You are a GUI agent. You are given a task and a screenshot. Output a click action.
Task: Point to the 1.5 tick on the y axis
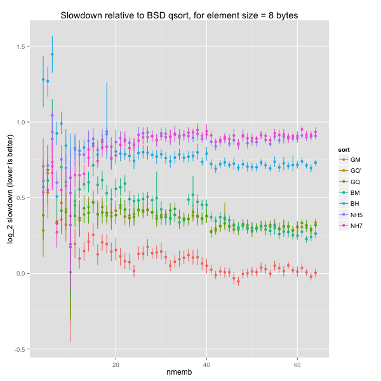(22, 47)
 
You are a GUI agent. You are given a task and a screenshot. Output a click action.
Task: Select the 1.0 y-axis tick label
(22, 123)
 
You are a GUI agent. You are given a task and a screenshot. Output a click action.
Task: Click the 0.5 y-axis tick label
(22, 198)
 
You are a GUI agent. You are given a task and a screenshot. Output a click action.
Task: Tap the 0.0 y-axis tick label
(22, 274)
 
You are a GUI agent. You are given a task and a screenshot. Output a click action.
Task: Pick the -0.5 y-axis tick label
(20, 349)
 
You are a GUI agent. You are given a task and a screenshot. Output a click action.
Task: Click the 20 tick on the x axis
(116, 366)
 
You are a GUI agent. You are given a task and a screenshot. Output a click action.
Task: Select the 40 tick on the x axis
(206, 366)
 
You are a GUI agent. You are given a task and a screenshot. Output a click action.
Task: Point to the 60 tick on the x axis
(297, 366)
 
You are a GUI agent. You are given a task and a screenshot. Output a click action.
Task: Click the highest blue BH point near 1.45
(52, 55)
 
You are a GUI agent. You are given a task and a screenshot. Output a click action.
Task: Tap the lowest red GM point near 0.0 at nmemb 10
(70, 272)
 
